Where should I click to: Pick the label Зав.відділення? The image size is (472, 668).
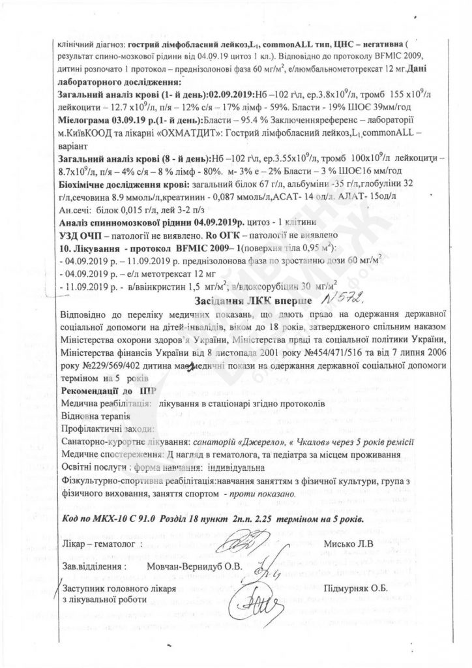(x=91, y=565)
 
